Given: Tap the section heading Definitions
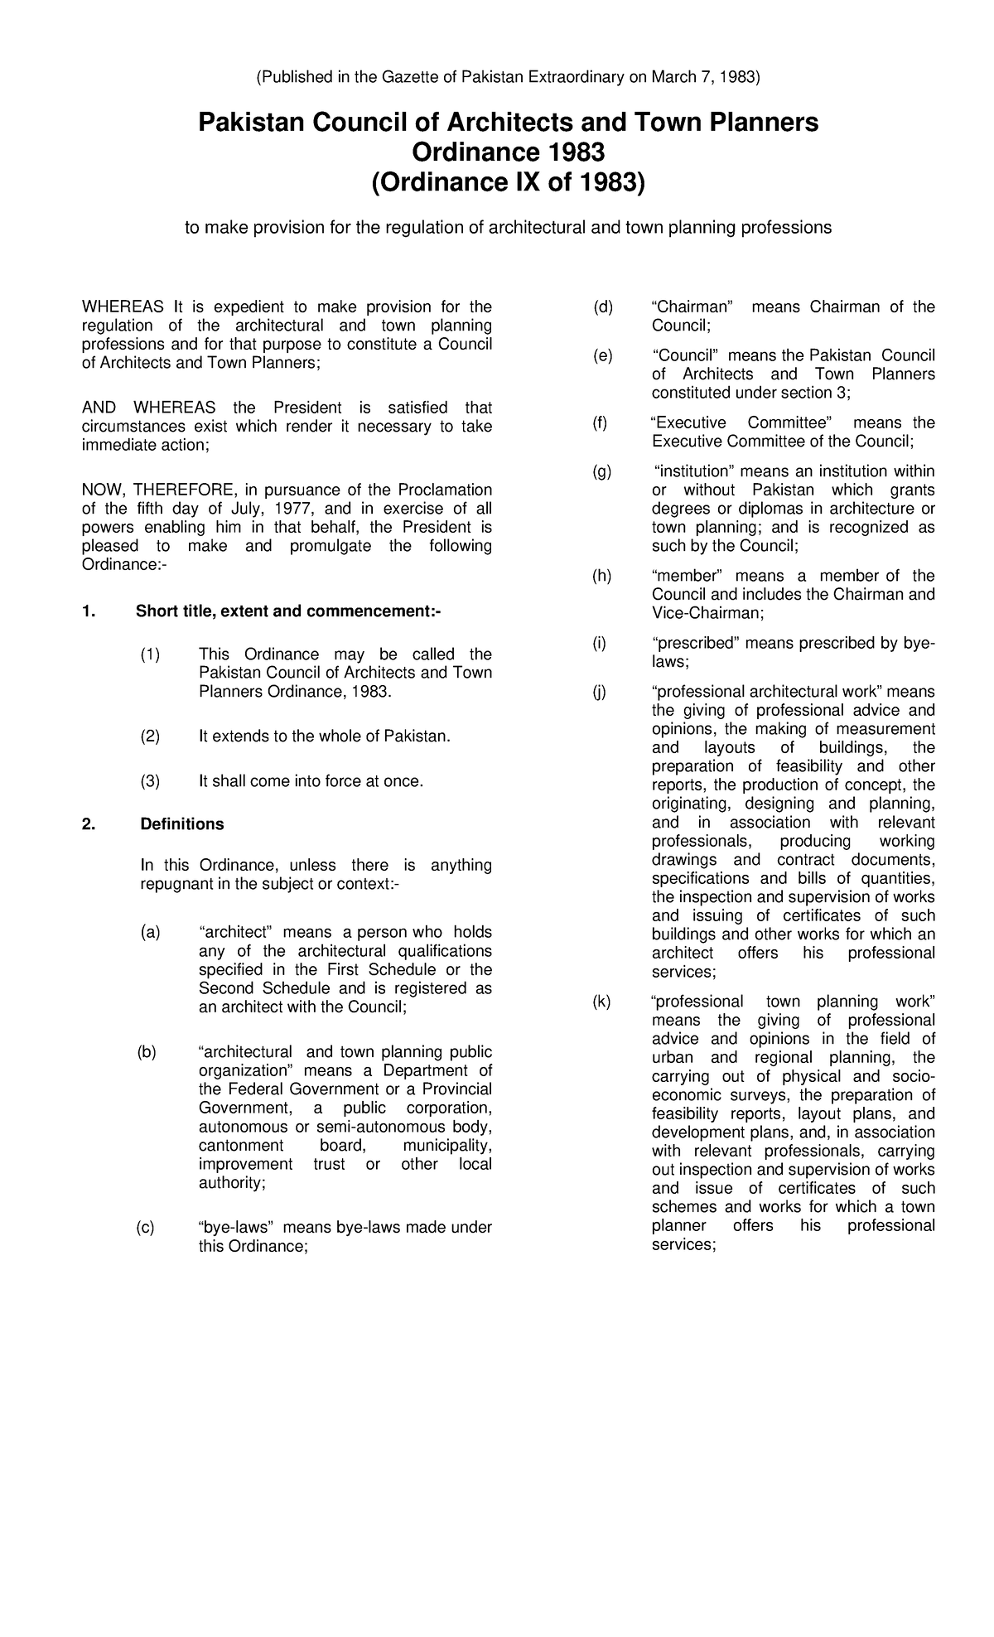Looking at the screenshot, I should [182, 824].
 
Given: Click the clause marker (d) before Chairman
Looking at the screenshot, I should [602, 307].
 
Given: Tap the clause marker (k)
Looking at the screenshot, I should [601, 1002].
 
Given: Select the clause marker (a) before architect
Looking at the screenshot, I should [150, 933].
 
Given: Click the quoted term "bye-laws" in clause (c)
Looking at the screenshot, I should [236, 1228].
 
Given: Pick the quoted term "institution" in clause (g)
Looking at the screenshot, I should [688, 471].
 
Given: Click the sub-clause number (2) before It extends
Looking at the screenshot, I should [150, 736].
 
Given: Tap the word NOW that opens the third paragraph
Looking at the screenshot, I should [102, 490].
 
